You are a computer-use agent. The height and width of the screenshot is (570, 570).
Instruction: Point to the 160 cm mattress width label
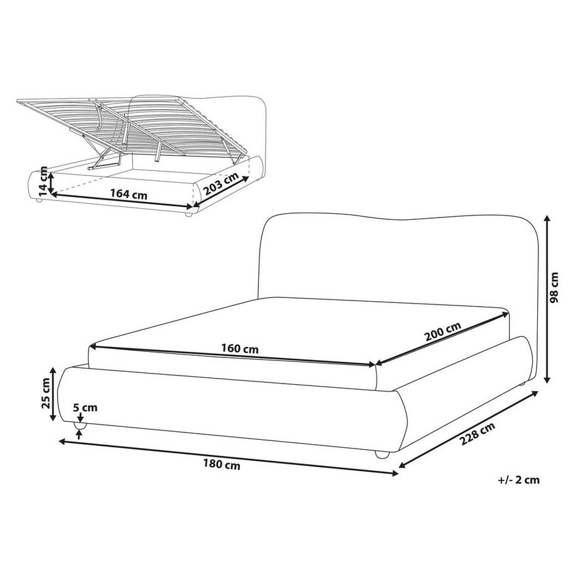240,349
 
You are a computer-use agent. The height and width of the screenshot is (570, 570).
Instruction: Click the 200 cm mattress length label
443,333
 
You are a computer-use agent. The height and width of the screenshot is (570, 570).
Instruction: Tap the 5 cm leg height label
85,408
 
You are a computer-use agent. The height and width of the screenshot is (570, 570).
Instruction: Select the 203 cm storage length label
222,184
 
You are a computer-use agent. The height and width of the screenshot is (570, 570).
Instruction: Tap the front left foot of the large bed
80,428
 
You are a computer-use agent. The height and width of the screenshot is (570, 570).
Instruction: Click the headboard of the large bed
397,260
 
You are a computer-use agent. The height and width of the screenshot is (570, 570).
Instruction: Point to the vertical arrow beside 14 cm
52,180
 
